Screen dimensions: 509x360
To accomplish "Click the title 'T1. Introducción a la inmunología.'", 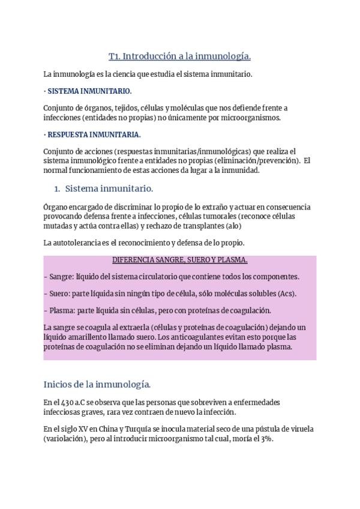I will [179, 56].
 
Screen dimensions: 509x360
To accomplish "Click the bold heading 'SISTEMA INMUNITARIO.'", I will [89, 91].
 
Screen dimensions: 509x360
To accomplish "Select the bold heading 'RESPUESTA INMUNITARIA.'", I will [94, 134].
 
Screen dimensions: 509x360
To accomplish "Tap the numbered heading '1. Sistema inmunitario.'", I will [103, 188].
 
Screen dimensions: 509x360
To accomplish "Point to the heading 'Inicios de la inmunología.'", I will [97, 384].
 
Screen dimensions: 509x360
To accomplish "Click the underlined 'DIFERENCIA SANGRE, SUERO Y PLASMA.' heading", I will [180, 260].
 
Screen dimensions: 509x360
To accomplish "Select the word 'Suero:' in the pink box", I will [59, 294].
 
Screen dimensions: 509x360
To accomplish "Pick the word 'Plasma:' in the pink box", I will [62, 310].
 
